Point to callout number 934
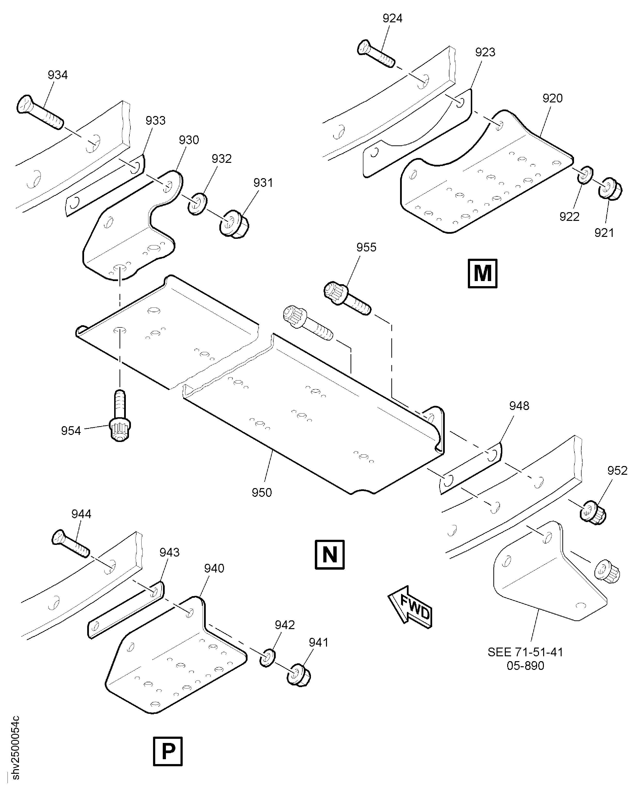tap(58, 75)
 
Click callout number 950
tap(262, 493)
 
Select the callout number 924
tap(392, 18)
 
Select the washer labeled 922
tap(586, 175)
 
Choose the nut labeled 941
tap(299, 675)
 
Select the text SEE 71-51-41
tap(525, 652)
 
